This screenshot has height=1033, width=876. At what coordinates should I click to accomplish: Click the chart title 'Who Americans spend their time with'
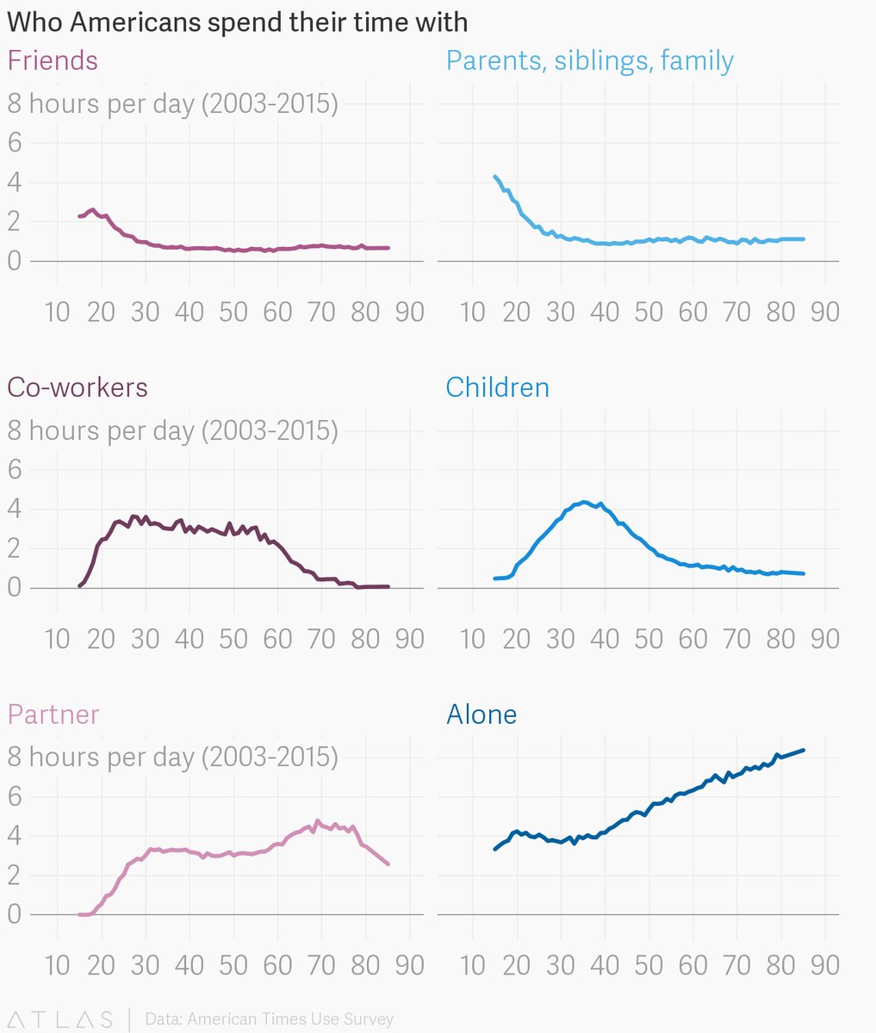click(x=237, y=22)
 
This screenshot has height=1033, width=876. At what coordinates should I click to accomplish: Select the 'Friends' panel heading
click(x=53, y=60)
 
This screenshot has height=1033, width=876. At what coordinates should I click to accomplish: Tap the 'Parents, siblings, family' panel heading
click(x=589, y=60)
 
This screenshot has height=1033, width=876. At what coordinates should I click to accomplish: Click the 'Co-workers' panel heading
click(x=78, y=387)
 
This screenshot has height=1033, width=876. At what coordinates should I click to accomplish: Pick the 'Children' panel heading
click(x=497, y=387)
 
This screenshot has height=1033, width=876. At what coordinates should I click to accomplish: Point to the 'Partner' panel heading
click(x=53, y=714)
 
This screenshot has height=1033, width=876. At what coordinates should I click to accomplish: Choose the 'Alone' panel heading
click(x=481, y=714)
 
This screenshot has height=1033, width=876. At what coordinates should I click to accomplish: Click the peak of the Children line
click(x=584, y=502)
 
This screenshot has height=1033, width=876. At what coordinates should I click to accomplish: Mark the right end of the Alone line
click(x=803, y=750)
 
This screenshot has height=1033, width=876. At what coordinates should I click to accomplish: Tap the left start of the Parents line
click(x=494, y=176)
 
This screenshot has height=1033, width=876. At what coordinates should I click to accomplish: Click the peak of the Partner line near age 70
click(x=317, y=821)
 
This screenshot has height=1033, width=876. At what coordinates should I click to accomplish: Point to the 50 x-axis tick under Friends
click(x=233, y=312)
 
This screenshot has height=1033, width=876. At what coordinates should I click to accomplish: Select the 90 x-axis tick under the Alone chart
click(x=824, y=965)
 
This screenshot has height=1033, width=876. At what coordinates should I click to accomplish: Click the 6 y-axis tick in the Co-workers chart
click(x=15, y=469)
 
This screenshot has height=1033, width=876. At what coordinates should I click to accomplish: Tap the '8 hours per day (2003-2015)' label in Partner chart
click(x=172, y=757)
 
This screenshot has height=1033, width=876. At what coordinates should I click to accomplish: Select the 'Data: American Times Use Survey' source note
click(x=269, y=1019)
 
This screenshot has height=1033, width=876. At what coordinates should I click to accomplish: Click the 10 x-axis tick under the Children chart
click(x=472, y=639)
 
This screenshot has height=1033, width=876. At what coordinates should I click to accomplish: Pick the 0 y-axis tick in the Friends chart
click(x=15, y=261)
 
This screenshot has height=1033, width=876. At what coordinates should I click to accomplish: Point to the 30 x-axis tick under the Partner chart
click(x=145, y=965)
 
